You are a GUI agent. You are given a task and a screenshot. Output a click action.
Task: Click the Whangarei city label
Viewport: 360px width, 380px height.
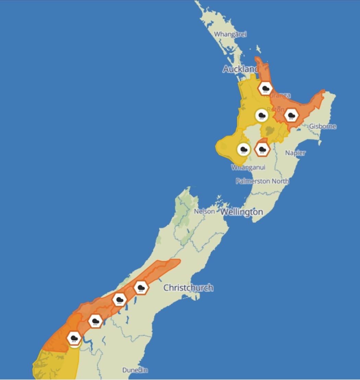pyautogui.click(x=230, y=34)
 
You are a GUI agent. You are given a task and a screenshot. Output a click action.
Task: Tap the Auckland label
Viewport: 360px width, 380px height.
pyautogui.click(x=240, y=69)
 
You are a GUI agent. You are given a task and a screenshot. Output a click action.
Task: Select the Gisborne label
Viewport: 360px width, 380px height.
pyautogui.click(x=323, y=126)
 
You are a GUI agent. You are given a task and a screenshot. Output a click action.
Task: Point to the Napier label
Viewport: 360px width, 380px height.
pyautogui.click(x=295, y=153)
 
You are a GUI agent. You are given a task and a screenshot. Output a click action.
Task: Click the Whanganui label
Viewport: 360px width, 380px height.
pyautogui.click(x=248, y=167)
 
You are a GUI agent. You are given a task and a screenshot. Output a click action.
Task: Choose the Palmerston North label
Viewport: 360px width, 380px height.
pyautogui.click(x=262, y=181)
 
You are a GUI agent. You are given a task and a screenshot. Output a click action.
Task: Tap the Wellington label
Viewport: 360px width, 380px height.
pyautogui.click(x=241, y=212)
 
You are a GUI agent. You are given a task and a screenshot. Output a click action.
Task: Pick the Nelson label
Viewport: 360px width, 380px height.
pyautogui.click(x=204, y=212)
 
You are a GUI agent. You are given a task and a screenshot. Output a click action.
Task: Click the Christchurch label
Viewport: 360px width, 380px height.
pyautogui.click(x=188, y=288)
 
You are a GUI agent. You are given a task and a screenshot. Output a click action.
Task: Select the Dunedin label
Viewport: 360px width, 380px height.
pyautogui.click(x=135, y=370)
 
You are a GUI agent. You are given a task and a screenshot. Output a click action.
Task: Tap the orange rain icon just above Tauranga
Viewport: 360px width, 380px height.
pyautogui.click(x=265, y=88)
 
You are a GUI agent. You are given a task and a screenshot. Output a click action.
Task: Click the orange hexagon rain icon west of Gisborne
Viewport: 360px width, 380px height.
pyautogui.click(x=291, y=115)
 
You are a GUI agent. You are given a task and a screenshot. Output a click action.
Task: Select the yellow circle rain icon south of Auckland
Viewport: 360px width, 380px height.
pyautogui.click(x=262, y=115)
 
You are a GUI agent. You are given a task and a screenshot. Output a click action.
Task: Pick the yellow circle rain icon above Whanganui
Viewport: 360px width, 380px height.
pyautogui.click(x=243, y=150)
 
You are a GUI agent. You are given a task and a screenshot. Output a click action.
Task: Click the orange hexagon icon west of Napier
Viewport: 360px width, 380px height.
pyautogui.click(x=263, y=150)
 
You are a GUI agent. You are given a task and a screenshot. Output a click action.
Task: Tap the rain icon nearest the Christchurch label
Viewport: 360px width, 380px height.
pyautogui.click(x=141, y=287)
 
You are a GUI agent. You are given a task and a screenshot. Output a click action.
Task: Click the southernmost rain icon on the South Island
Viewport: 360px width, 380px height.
pyautogui.click(x=74, y=338)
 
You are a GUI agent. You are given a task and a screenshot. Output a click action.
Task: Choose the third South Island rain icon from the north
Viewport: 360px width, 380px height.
pyautogui.click(x=95, y=321)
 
